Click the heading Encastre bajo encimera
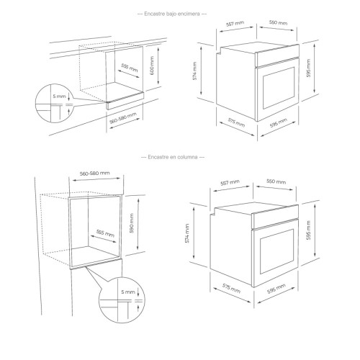click(x=172, y=14)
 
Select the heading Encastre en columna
click(x=173, y=157)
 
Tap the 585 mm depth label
click(x=130, y=68)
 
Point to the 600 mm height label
click(x=152, y=66)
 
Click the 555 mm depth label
click(x=105, y=233)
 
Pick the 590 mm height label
click(x=132, y=223)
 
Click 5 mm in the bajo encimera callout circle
click(x=59, y=96)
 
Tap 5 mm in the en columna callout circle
click(x=128, y=292)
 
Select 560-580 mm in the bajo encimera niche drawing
click(x=123, y=118)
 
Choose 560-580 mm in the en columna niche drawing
click(x=94, y=173)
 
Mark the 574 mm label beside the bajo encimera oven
click(x=194, y=71)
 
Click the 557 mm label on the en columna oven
click(x=230, y=182)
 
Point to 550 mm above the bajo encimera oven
click(x=278, y=22)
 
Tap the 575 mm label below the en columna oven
click(x=231, y=288)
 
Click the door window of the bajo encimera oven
click(x=279, y=88)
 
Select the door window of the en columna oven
click(x=276, y=251)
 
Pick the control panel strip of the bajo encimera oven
click(x=277, y=55)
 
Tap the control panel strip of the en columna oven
click(x=275, y=217)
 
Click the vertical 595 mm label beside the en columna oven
click(x=309, y=230)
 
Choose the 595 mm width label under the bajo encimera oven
click(x=279, y=123)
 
